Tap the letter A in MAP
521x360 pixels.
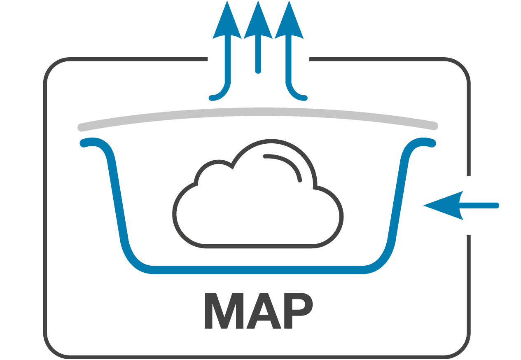(x=264, y=311)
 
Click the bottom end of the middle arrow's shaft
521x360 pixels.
(x=258, y=71)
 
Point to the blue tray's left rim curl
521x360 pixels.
(x=93, y=142)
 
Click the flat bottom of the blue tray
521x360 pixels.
(x=258, y=270)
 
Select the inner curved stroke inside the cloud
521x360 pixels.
(x=288, y=163)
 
